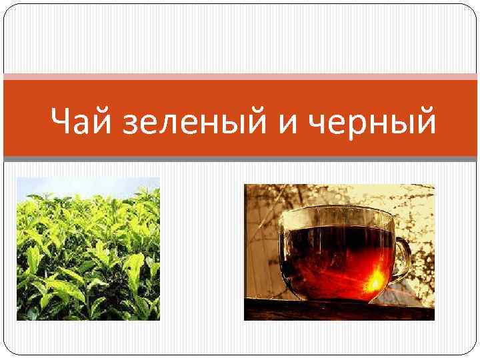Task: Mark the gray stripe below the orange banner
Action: click(240, 159)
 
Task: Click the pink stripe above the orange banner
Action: click(240, 77)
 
